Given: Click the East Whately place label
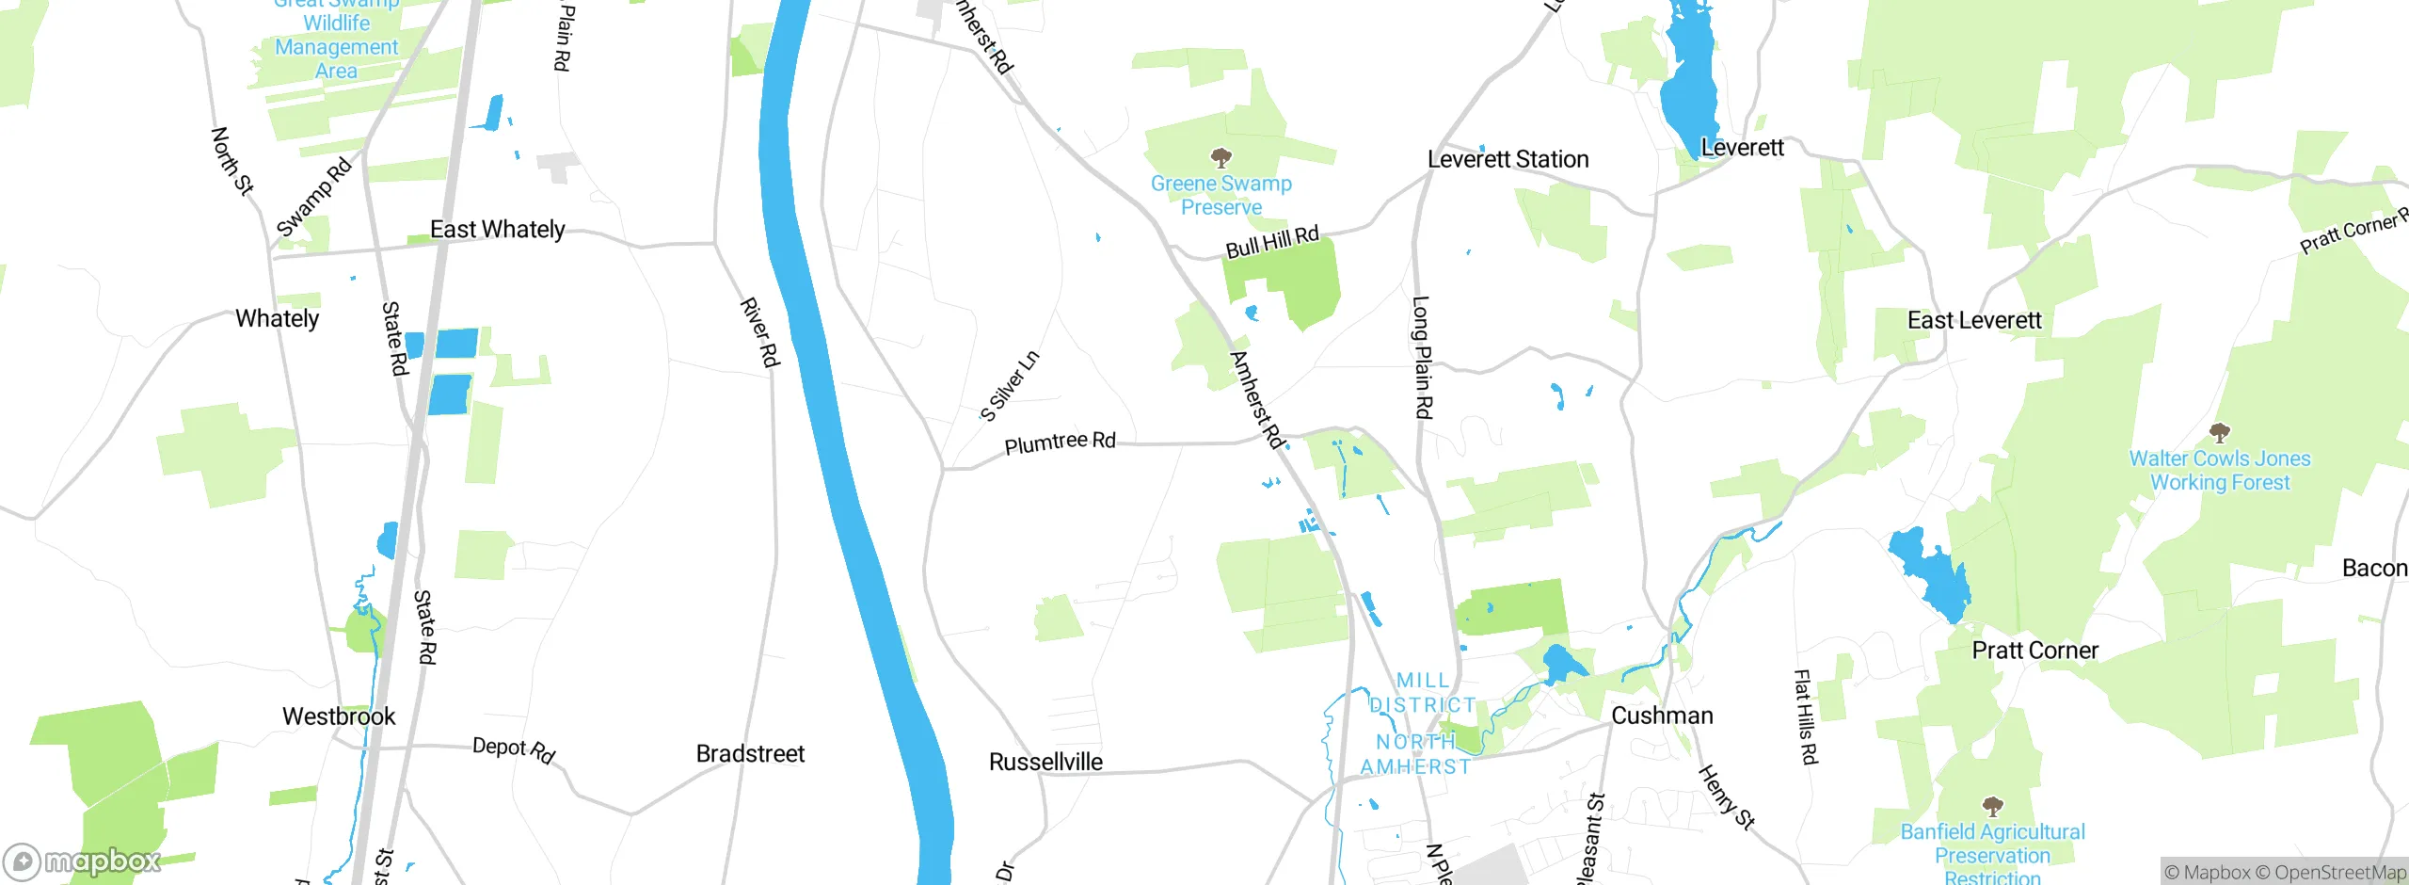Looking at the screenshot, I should point(497,230).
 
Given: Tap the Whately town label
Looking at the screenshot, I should point(277,319).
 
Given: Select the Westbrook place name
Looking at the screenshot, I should point(339,716).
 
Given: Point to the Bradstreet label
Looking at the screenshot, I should point(750,754).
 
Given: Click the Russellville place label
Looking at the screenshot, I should point(1045,762).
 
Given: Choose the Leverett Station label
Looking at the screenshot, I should point(1508,160).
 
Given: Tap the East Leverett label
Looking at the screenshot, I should point(1974,321).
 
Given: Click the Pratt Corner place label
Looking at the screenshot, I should point(2034,651).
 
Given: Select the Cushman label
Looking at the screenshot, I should point(1662,716).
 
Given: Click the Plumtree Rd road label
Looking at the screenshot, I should point(1060,442).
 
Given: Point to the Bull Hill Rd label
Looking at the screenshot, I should point(1272,242).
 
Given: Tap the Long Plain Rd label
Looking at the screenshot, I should point(1422,358).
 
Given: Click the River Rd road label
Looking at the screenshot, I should point(760,332).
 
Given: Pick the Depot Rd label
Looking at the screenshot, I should point(514,749).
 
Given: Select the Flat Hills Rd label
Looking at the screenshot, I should point(1806,716).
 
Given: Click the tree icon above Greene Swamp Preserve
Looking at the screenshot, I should point(1220,157).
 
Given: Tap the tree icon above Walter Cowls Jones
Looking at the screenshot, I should point(2220,433).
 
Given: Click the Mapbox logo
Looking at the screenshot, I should point(83,861).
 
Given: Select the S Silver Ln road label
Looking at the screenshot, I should point(1010,386).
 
